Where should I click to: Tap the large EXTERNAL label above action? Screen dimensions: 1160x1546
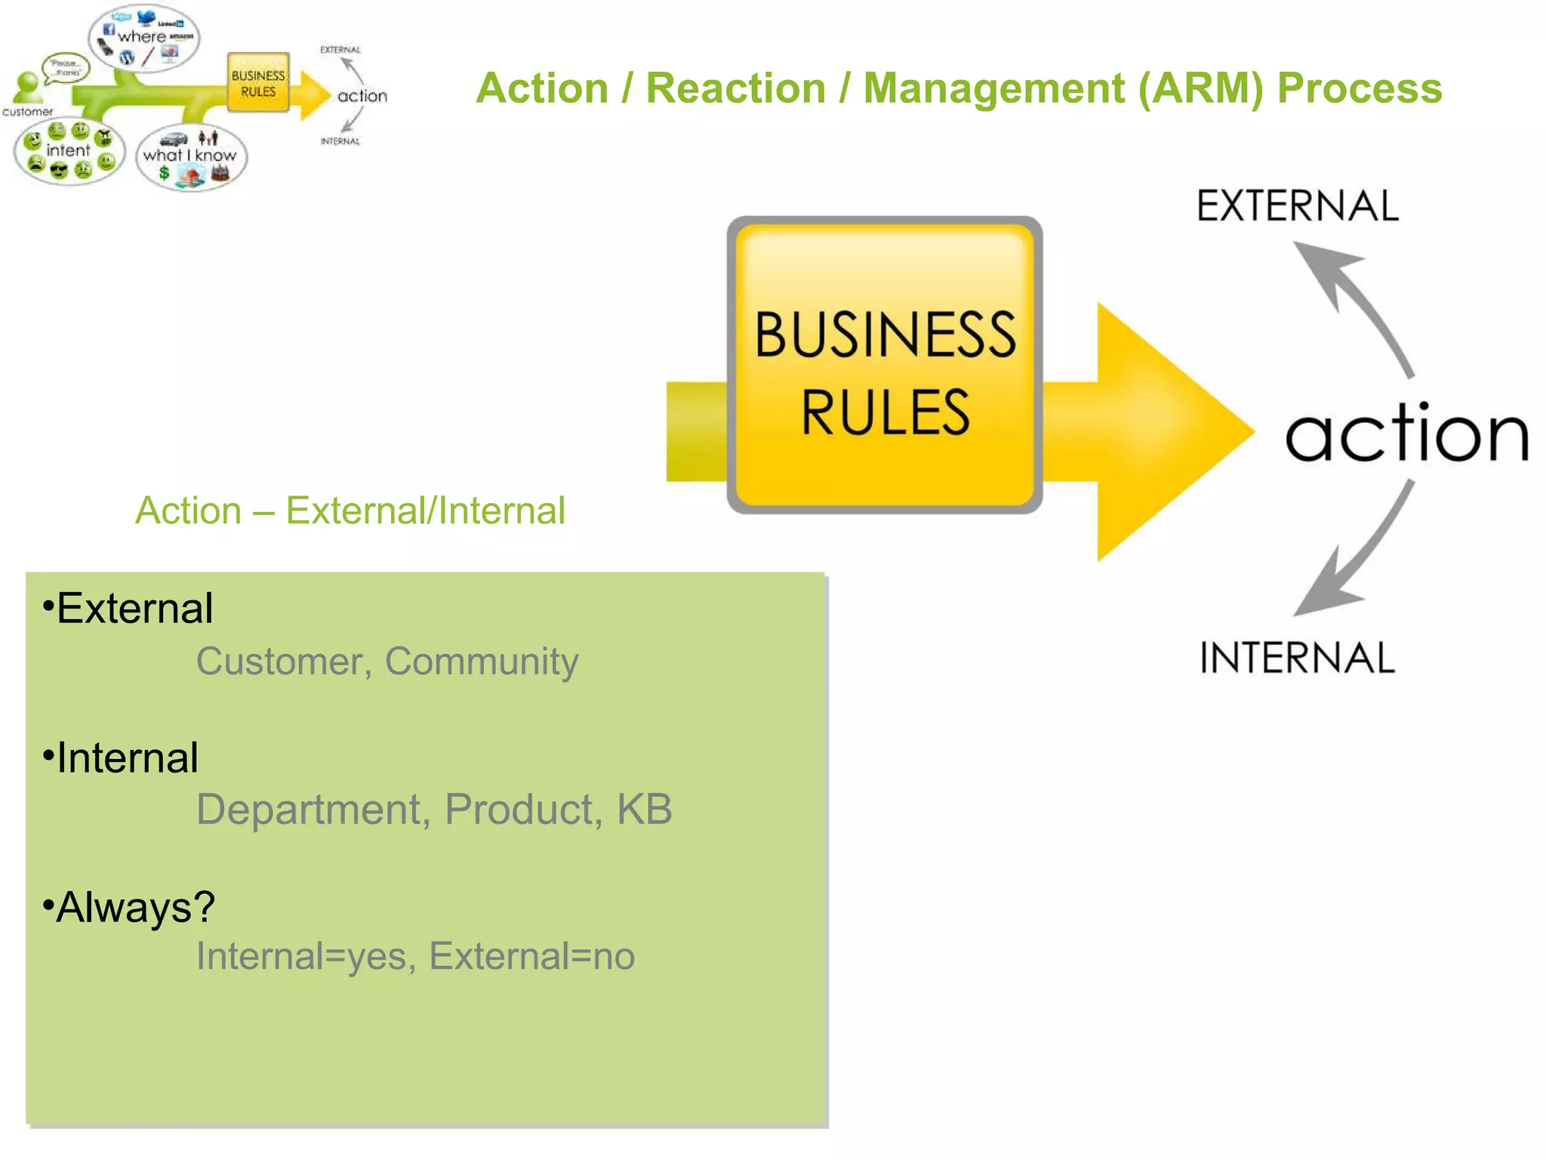1297,206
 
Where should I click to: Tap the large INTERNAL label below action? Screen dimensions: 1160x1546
1297,657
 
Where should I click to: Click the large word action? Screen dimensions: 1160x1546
1406,433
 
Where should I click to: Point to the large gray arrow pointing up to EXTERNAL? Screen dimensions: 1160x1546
1351,302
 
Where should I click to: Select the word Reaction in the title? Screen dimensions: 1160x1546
736,88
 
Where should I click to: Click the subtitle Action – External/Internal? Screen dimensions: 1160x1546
350,511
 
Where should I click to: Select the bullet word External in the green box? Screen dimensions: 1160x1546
134,609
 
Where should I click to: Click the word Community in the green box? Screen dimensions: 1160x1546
482,662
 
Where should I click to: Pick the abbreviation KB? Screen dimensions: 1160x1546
644,810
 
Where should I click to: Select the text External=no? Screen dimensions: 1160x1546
531,956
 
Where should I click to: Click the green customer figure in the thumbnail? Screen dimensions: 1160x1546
29,87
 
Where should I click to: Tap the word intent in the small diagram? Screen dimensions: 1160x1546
68,150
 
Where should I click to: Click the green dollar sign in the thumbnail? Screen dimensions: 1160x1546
164,173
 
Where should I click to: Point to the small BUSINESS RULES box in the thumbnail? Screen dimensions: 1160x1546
258,83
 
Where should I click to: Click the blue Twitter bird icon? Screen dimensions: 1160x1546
146,16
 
